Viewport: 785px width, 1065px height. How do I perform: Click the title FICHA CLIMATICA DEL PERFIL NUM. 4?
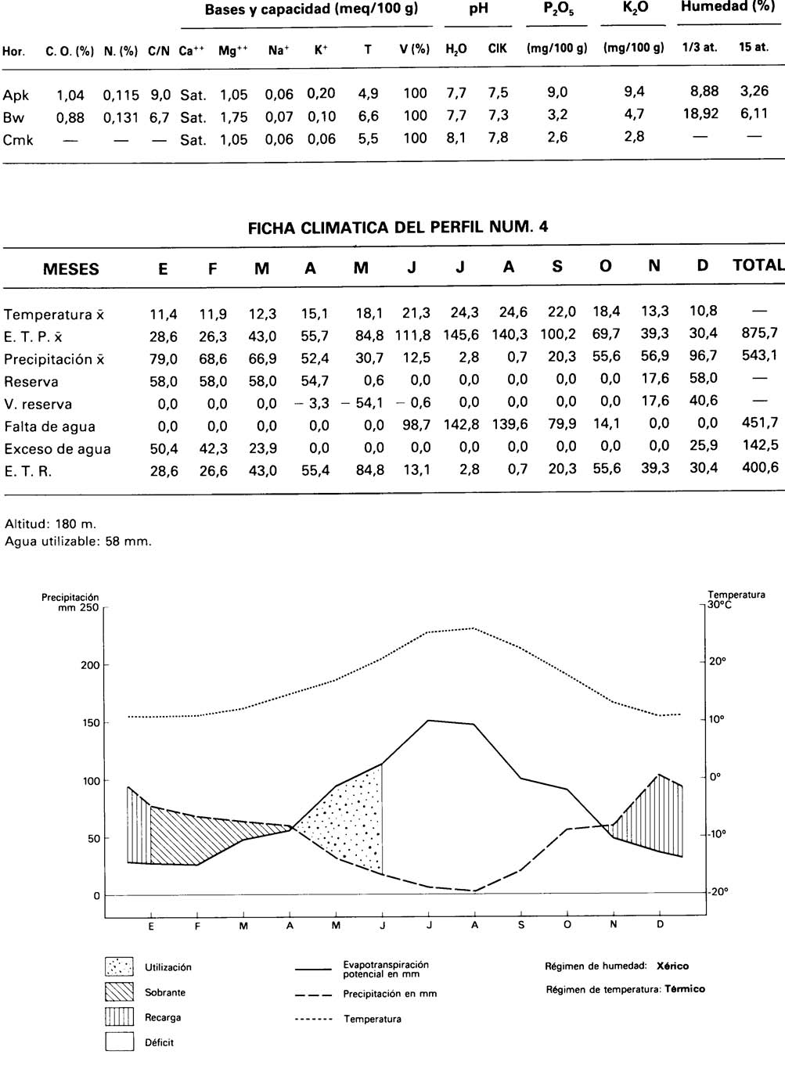398,228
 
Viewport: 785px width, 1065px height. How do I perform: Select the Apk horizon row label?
16,95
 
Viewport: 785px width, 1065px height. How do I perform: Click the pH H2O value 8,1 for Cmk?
456,138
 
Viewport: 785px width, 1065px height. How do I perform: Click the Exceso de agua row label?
57,449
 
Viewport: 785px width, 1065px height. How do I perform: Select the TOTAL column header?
758,265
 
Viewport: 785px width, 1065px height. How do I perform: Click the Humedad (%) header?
727,8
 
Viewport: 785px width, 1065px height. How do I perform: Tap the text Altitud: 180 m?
51,524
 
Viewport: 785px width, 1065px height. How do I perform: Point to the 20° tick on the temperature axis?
718,661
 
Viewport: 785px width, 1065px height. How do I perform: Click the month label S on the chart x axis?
521,924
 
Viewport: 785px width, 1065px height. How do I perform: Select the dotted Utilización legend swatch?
119,967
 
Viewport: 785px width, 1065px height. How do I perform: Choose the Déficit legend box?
119,1042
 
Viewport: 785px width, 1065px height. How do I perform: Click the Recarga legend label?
163,1017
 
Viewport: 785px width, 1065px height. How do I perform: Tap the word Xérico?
673,966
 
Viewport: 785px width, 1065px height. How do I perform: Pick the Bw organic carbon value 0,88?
70,118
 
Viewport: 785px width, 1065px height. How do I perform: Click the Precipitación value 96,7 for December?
703,356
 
